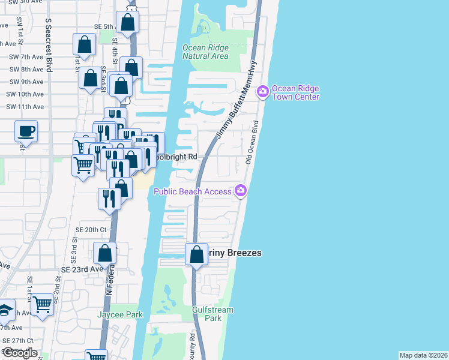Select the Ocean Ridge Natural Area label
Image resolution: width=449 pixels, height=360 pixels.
(x=205, y=52)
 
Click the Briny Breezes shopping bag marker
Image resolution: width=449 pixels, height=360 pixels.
(x=196, y=254)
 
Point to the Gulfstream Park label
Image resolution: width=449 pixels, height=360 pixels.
(x=212, y=314)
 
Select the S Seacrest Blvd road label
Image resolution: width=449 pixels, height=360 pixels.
(x=49, y=45)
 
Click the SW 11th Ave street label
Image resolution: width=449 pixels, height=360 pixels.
(x=25, y=107)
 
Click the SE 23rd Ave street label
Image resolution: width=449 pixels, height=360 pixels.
(x=82, y=269)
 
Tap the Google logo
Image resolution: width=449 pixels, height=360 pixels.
(x=19, y=353)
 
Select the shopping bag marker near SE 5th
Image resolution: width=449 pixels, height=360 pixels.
(x=128, y=23)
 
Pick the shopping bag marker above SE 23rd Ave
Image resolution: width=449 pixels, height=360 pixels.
(x=105, y=253)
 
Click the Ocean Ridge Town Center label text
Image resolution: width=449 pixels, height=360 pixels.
(x=295, y=92)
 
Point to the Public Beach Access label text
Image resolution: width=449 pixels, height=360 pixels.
(x=192, y=191)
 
